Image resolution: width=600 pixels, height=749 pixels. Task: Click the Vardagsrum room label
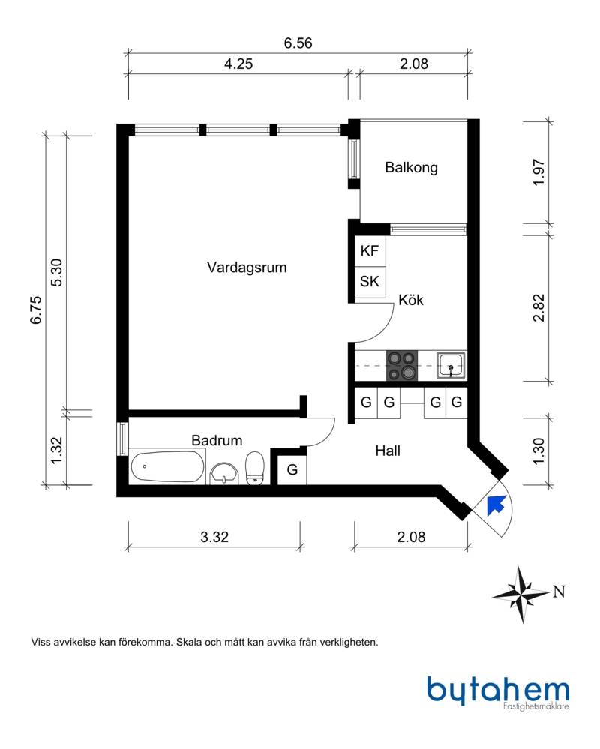pyautogui.click(x=247, y=267)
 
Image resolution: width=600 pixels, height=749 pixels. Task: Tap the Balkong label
pyautogui.click(x=411, y=168)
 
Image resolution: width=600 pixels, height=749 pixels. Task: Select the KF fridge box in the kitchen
pyautogui.click(x=370, y=251)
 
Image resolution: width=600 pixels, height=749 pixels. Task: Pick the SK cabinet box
pyautogui.click(x=370, y=283)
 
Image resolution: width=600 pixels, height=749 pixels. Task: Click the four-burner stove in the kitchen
pyautogui.click(x=402, y=366)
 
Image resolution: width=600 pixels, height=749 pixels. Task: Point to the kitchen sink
pyautogui.click(x=451, y=365)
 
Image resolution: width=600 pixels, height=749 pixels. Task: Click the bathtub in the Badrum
pyautogui.click(x=167, y=466)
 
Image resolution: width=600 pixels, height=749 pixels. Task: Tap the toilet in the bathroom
pyautogui.click(x=255, y=469)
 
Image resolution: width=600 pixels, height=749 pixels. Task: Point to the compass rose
pyautogui.click(x=520, y=595)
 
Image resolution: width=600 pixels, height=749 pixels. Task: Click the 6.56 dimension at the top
pyautogui.click(x=298, y=43)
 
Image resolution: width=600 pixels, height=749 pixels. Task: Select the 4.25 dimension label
pyautogui.click(x=238, y=64)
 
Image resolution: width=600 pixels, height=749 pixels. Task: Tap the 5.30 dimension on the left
pyautogui.click(x=56, y=272)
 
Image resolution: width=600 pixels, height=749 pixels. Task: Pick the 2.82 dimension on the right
pyautogui.click(x=538, y=308)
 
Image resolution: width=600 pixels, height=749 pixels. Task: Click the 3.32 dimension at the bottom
pyautogui.click(x=214, y=537)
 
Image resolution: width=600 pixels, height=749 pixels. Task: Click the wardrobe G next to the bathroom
pyautogui.click(x=292, y=470)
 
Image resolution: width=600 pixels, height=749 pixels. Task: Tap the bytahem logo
pyautogui.click(x=498, y=691)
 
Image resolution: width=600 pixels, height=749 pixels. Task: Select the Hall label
pyautogui.click(x=388, y=451)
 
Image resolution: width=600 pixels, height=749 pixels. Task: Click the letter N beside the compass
pyautogui.click(x=559, y=592)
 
